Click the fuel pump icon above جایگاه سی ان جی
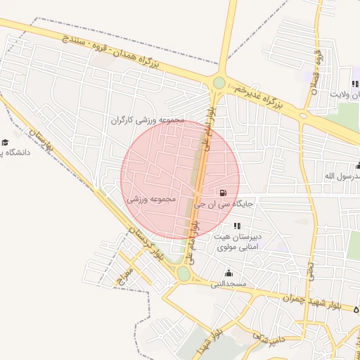tap(223, 193)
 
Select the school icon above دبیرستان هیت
tap(237, 226)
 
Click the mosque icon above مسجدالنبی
tap(228, 273)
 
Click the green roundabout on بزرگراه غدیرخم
tap(219, 83)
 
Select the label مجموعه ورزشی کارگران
tap(147, 120)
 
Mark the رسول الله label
tap(340, 175)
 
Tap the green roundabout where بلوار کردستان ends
tap(184, 273)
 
